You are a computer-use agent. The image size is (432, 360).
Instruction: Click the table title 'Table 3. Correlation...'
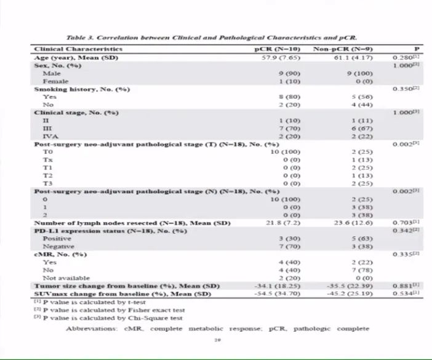pos(212,38)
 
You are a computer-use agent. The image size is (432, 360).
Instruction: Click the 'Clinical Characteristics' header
pos(78,49)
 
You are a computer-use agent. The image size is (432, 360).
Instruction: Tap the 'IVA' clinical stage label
pos(49,137)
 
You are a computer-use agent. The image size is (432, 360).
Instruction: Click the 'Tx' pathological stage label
pos(47,160)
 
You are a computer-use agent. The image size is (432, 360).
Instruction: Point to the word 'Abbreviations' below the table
pos(92,329)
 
